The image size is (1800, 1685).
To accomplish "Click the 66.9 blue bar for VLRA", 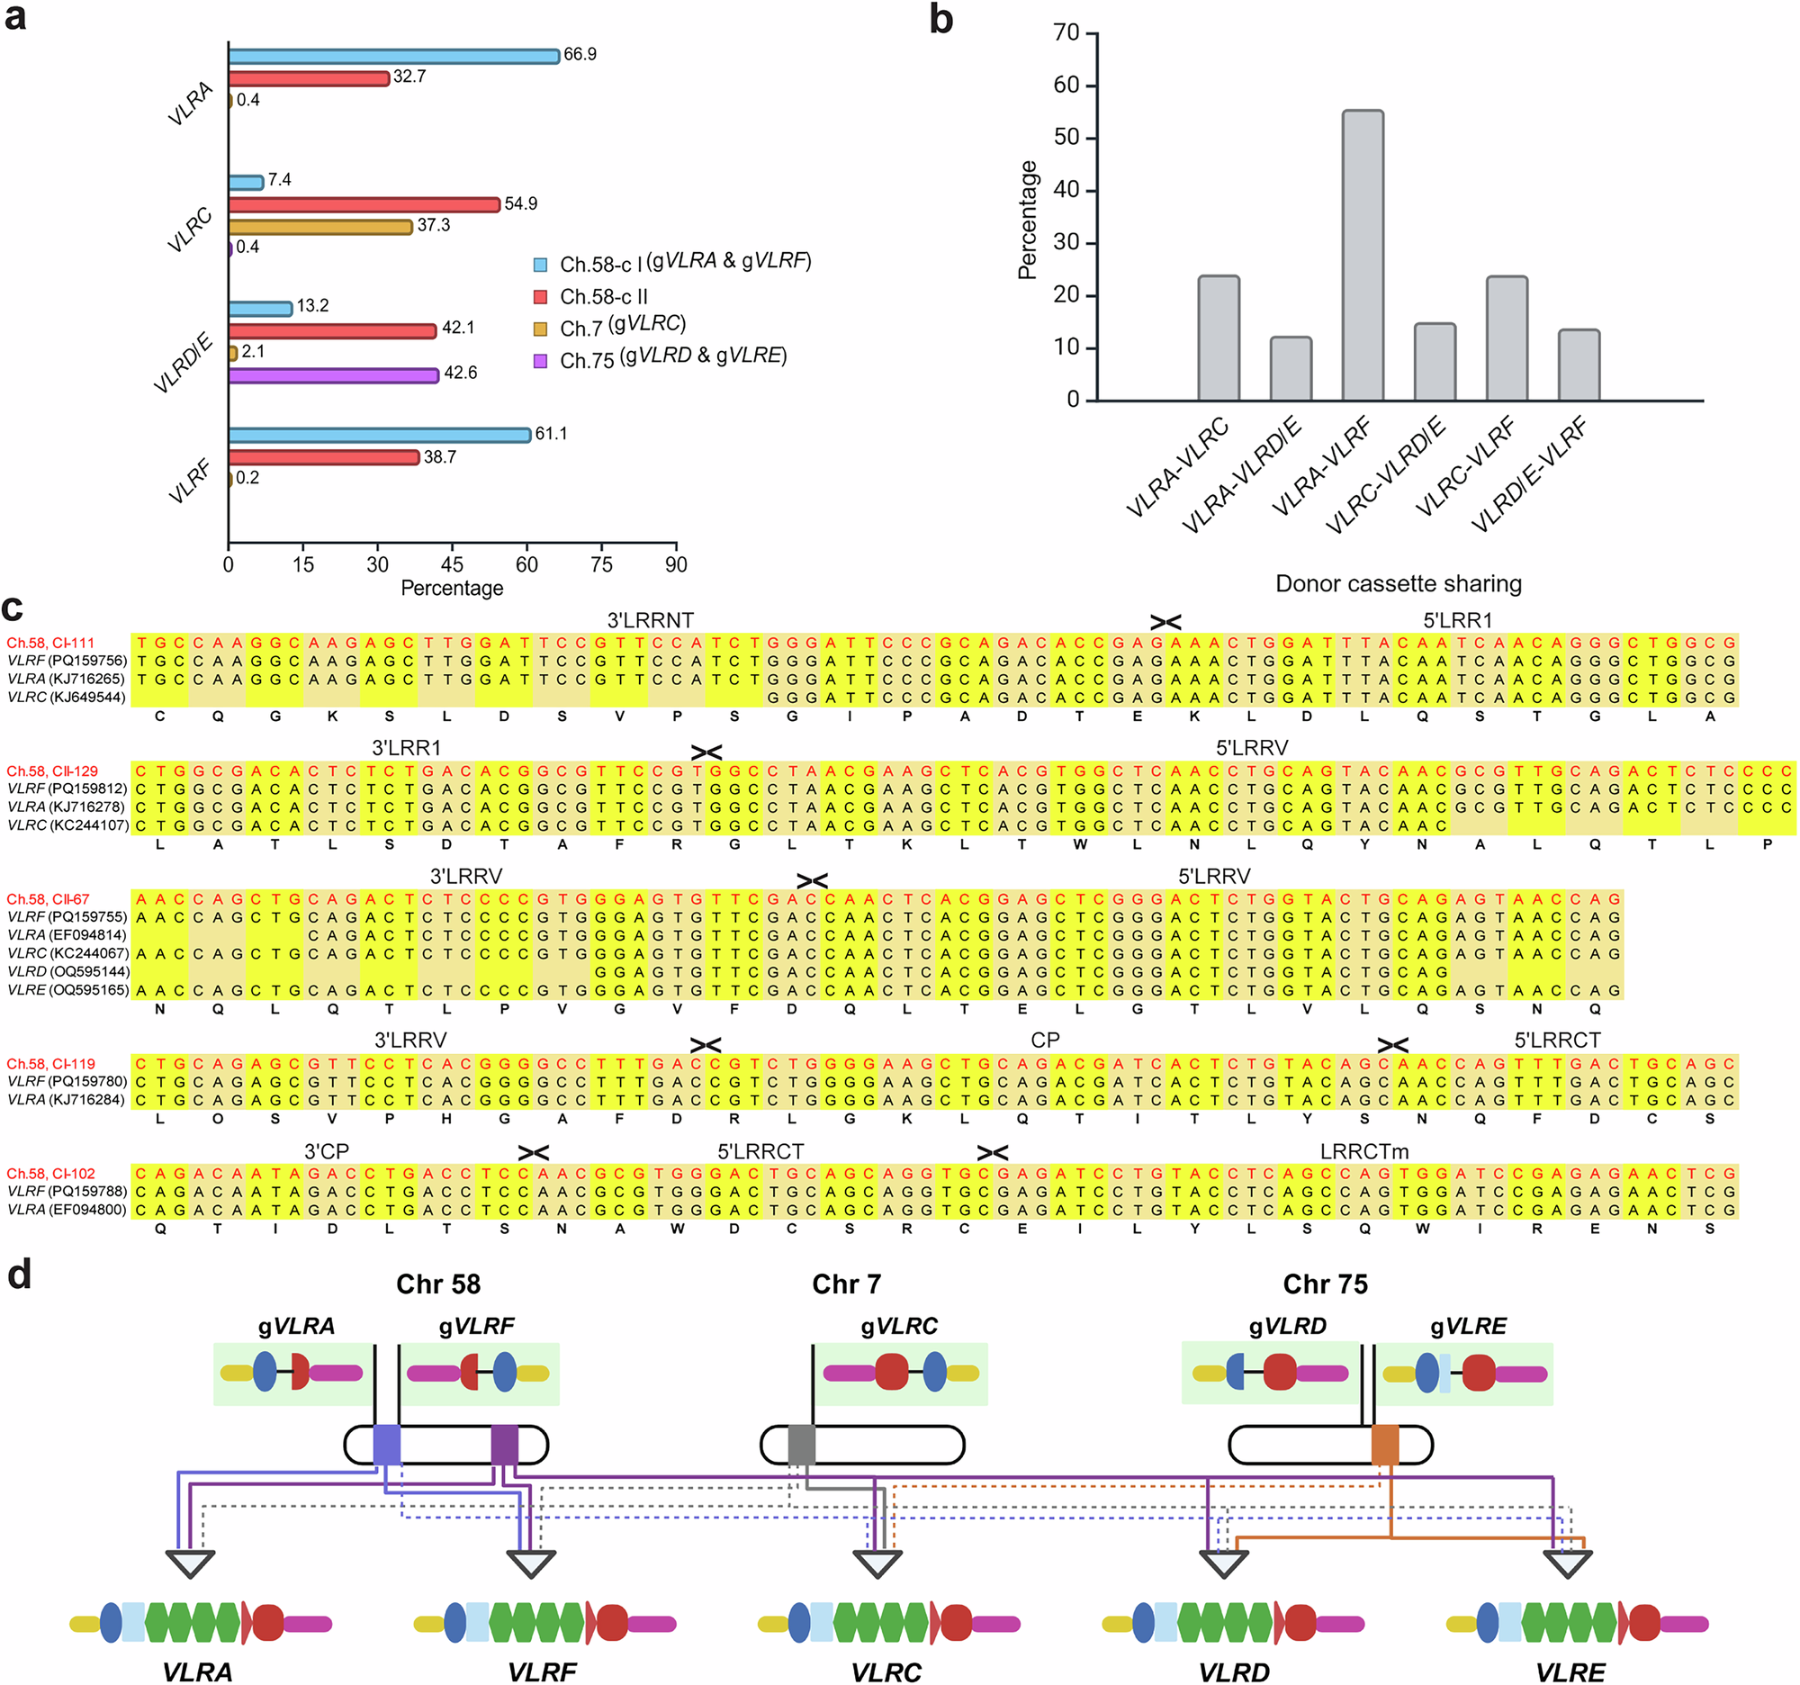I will [394, 56].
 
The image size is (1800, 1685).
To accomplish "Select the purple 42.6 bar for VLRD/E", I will [333, 374].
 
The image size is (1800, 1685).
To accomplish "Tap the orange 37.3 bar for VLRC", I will [320, 226].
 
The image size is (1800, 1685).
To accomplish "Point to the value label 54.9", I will [520, 203].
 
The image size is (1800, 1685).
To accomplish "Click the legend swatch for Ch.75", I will [541, 361].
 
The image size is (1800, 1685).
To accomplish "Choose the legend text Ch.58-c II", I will [604, 297].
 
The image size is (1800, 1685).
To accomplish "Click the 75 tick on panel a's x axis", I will [601, 565].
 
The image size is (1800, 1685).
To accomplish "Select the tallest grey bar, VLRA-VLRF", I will [1363, 256].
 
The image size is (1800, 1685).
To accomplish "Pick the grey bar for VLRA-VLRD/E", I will [1291, 368].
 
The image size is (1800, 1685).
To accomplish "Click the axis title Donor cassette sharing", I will [1398, 584].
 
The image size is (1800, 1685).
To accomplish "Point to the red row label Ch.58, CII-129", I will [52, 771].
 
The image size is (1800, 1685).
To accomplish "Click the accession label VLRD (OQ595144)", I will [67, 971].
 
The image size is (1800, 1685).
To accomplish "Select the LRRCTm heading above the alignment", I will [1363, 1152].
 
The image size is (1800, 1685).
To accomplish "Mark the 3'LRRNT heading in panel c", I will [650, 620].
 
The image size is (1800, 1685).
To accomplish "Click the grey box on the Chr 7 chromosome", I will [801, 1444].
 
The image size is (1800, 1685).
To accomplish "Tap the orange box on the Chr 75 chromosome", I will [1385, 1444].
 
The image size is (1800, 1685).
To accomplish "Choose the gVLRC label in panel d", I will [899, 1327].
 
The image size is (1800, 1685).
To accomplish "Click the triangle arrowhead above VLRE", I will [1567, 1563].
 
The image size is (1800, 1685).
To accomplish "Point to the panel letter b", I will [941, 20].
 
